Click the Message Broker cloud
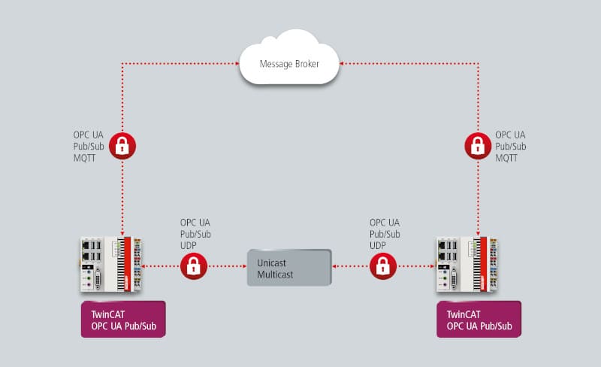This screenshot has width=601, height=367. click(289, 59)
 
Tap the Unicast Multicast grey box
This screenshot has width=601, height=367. click(289, 267)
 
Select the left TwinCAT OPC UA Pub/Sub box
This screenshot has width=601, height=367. click(122, 319)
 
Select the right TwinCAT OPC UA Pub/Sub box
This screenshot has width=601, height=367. click(479, 319)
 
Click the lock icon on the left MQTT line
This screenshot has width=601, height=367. click(122, 144)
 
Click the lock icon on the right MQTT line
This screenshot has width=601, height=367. click(478, 144)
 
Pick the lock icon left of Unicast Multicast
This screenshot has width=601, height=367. click(193, 265)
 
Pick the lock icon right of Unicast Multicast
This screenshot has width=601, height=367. click(383, 265)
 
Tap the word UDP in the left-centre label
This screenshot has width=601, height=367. click(189, 245)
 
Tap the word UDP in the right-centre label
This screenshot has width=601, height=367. click(379, 245)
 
